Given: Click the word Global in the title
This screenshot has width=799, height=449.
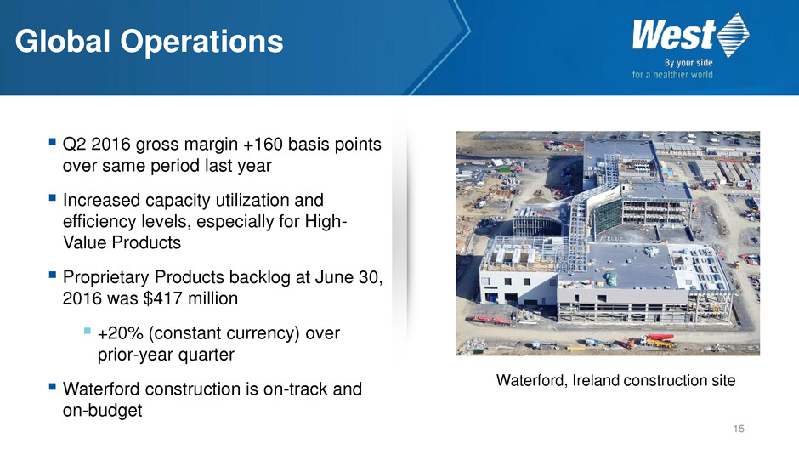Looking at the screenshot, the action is [x=63, y=42].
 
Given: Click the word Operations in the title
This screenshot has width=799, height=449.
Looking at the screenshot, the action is [x=201, y=43].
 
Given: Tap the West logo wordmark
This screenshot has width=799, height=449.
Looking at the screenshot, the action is [x=674, y=35].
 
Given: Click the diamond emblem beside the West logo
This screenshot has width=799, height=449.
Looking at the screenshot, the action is [x=733, y=35].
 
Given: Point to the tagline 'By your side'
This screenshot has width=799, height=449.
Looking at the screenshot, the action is [x=688, y=63].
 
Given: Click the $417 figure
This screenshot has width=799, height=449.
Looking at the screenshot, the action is [x=164, y=298].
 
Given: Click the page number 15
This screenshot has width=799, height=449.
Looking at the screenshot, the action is [x=739, y=429].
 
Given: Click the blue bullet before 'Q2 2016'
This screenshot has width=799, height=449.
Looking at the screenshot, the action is [x=53, y=142].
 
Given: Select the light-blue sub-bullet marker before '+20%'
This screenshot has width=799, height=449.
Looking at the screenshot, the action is [x=88, y=332].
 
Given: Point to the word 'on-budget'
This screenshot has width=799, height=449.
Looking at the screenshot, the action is [x=102, y=411].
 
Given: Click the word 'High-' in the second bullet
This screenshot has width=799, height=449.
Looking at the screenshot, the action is [x=326, y=222].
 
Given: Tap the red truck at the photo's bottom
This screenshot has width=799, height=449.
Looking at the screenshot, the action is [x=657, y=340].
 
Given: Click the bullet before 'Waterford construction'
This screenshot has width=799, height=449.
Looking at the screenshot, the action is [x=53, y=387].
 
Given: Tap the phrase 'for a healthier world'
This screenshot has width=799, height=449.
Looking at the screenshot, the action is [x=672, y=75].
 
